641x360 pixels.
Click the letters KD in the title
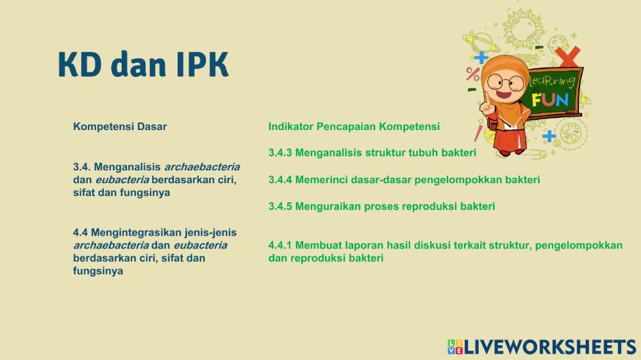point(79,65)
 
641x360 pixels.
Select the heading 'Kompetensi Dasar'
point(120,127)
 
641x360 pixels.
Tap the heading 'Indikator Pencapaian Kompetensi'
point(354,127)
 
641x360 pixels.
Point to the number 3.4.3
point(280,153)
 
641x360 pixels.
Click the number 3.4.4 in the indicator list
point(280,180)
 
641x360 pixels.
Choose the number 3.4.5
point(280,206)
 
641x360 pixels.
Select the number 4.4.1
point(280,245)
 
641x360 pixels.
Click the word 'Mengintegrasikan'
point(136,233)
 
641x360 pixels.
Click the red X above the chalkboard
point(567,56)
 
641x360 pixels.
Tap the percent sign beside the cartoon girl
point(473,74)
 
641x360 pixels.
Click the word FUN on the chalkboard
point(550,100)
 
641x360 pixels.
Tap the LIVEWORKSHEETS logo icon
point(455,347)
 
